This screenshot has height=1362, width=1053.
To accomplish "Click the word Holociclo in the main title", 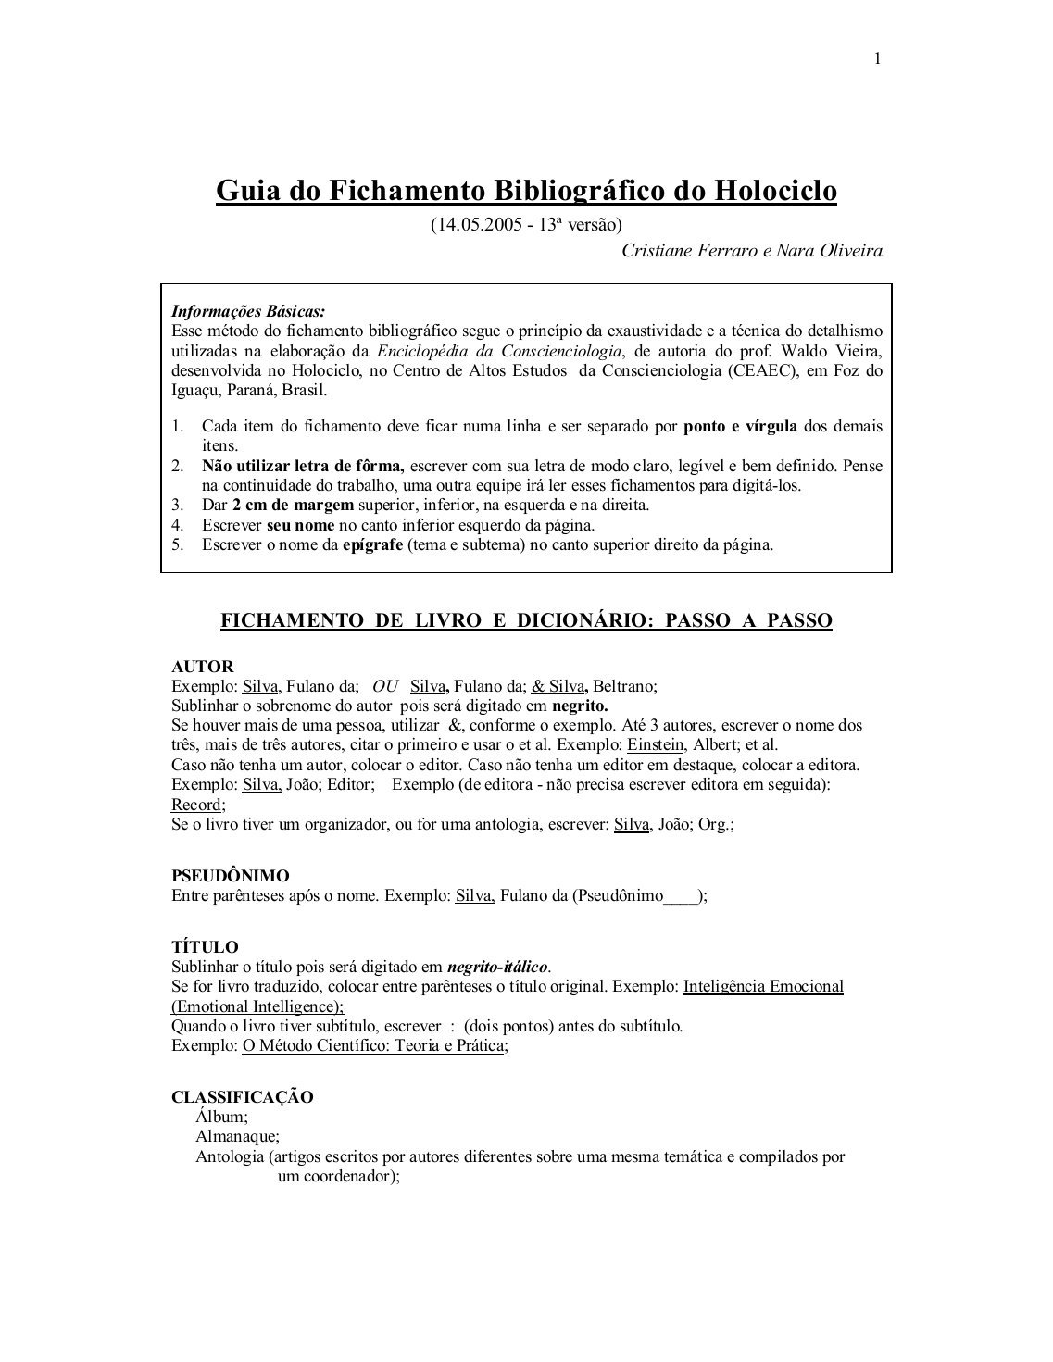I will point(776,191).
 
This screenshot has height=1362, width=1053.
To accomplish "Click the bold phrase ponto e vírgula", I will point(744,427).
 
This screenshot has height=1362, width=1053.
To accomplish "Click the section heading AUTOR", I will point(203,667).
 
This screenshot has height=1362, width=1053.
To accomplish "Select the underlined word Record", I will point(196,805).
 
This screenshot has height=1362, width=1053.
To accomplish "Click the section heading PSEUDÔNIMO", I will point(231,876).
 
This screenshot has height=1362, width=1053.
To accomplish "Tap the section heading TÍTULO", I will point(206,947).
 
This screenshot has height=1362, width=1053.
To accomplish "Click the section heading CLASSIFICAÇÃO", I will point(243,1098).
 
